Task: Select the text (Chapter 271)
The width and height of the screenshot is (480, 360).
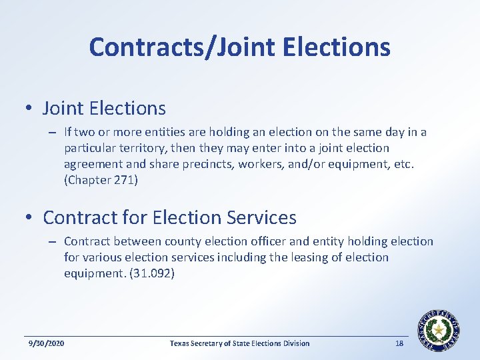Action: pos(101,180)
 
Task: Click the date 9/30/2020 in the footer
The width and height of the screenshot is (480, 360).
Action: pos(46,343)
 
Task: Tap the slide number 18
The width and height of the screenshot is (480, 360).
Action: pos(399,343)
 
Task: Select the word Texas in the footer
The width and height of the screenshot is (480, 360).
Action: pos(180,343)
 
